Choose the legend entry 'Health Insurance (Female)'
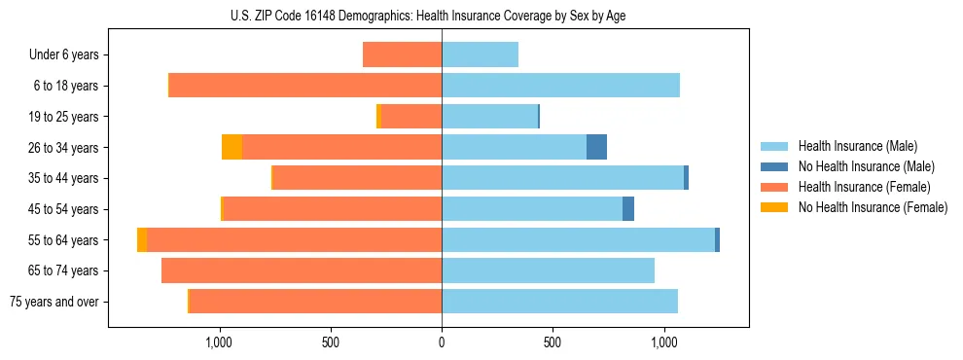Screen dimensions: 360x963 pos(864,187)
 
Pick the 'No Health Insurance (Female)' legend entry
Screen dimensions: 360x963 pos(873,207)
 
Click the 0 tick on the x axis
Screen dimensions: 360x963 pos(442,342)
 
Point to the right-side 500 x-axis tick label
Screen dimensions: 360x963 pos(553,342)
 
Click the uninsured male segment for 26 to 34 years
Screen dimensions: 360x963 pos(596,147)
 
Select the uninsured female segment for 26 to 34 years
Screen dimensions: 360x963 pos(232,147)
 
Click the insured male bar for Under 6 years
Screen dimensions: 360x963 pos(480,54)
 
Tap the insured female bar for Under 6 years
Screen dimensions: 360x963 pos(402,54)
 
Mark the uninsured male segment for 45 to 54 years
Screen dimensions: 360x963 pos(628,208)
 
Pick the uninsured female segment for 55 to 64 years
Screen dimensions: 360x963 pos(142,239)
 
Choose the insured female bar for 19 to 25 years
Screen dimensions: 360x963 pos(410,116)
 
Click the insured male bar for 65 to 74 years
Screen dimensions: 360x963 pos(548,270)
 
